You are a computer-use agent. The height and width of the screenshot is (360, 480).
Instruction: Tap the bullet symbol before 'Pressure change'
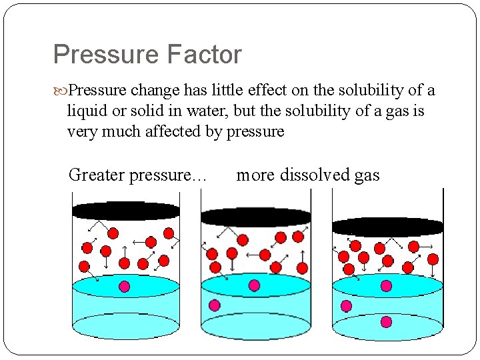(x=63, y=90)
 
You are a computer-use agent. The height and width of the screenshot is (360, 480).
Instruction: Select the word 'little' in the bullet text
(x=201, y=90)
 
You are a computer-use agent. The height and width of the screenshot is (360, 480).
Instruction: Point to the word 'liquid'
(x=86, y=111)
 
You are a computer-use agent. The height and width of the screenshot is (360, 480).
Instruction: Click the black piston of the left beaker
(x=126, y=211)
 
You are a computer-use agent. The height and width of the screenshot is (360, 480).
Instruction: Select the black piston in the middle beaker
(x=255, y=217)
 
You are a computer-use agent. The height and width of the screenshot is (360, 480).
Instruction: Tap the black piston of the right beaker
(x=387, y=227)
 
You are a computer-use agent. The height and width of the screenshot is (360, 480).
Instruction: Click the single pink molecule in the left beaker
(x=124, y=287)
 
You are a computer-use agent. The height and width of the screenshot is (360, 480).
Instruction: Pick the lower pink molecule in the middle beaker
(x=215, y=305)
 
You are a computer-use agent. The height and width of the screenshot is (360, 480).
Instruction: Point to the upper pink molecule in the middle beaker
(x=254, y=285)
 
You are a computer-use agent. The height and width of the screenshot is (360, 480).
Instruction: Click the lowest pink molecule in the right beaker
(x=387, y=322)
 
